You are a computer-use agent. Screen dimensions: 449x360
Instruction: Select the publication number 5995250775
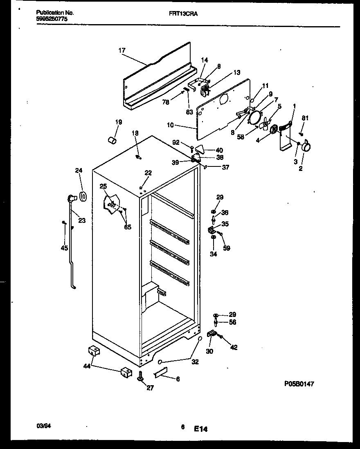[49, 19]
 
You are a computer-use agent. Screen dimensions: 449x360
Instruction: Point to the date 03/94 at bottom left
[43, 426]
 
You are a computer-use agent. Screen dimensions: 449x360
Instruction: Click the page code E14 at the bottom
[201, 429]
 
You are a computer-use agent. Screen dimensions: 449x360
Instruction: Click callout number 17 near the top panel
[122, 51]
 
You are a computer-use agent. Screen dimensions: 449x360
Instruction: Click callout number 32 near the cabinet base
[195, 362]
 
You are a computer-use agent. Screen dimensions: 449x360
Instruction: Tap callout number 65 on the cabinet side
[128, 227]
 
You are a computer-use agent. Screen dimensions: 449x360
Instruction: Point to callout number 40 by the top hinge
[219, 150]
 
